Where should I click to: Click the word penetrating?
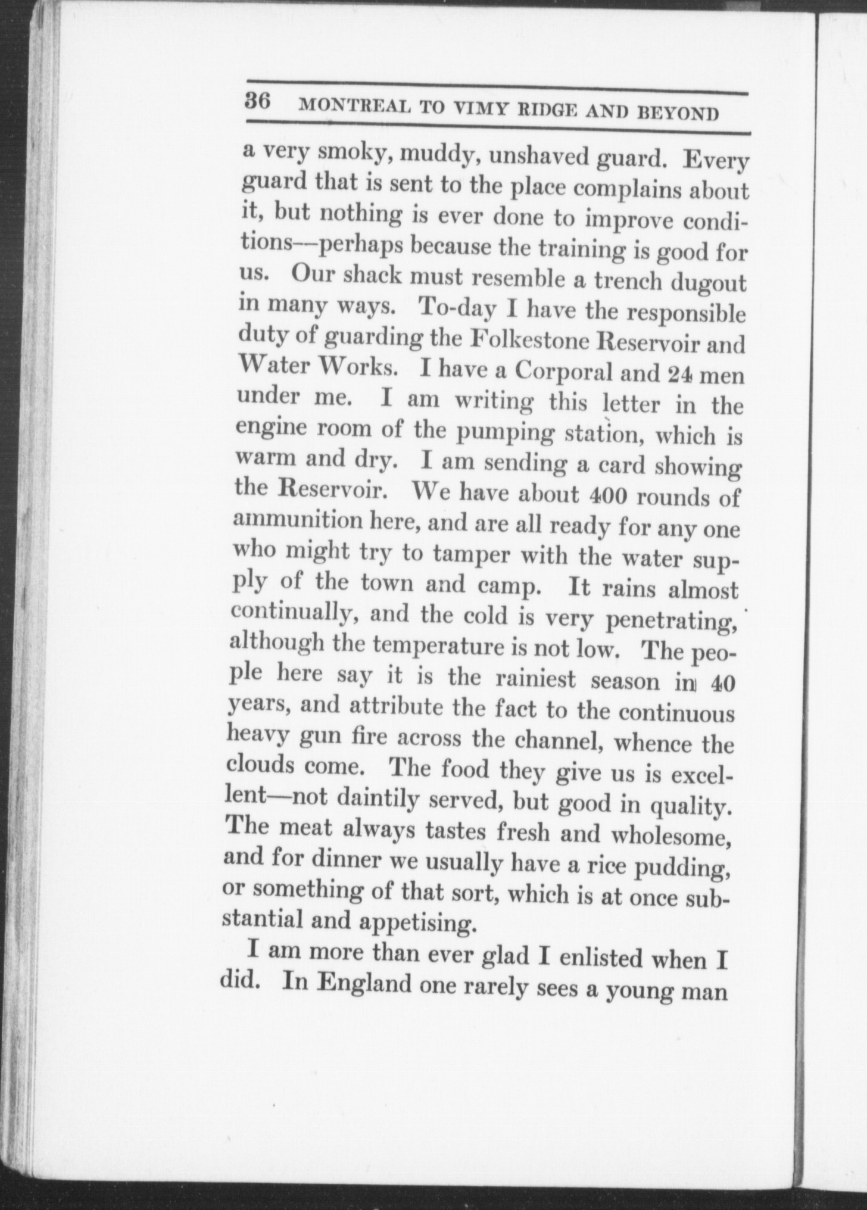pos(671,621)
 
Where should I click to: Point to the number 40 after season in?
pos(722,684)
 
